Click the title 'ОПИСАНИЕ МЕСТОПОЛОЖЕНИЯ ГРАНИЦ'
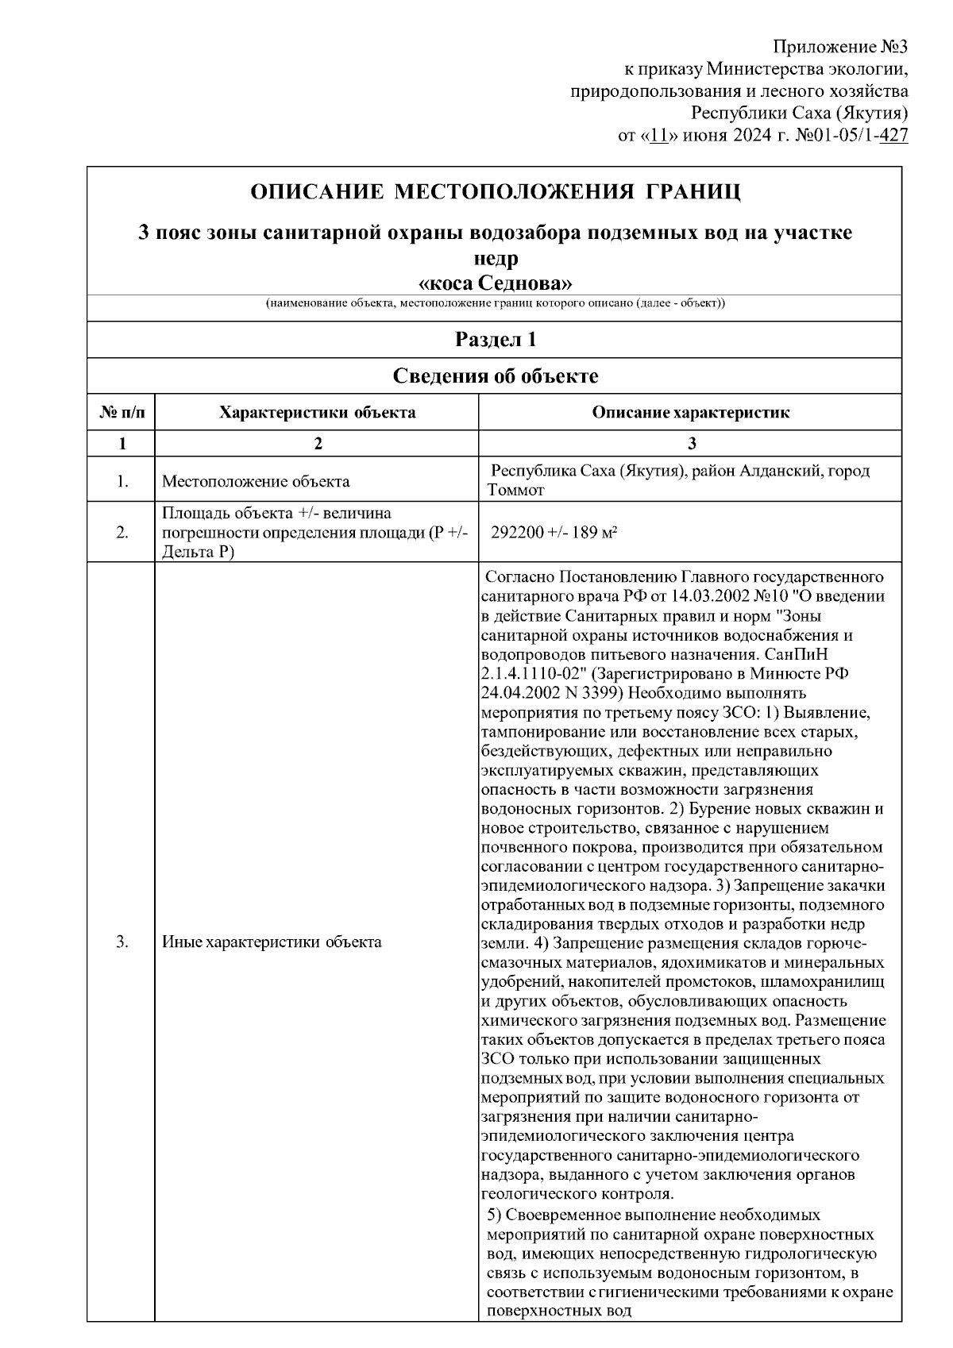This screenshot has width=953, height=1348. tap(495, 193)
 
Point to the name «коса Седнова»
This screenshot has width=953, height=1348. tap(495, 283)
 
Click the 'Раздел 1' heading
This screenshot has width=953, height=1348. tap(495, 340)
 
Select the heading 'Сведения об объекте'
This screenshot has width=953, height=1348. tap(495, 376)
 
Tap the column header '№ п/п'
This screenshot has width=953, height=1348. tap(122, 413)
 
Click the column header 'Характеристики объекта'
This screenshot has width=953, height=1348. tap(317, 413)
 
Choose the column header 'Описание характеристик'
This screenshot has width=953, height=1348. tap(691, 413)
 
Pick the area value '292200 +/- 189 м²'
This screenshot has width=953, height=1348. tap(554, 533)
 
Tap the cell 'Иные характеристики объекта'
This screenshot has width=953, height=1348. tap(271, 942)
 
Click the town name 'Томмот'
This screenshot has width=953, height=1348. tap(515, 491)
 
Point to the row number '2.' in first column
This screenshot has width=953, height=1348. tap(122, 533)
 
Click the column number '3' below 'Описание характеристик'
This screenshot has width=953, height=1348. tap(691, 444)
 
